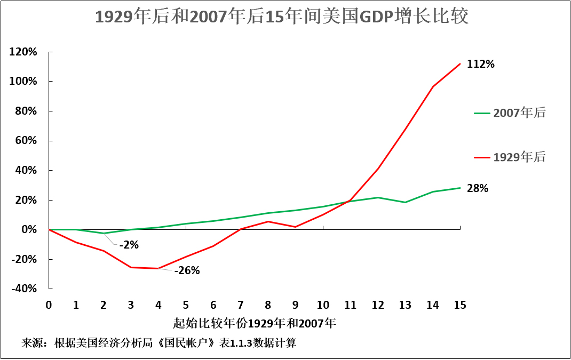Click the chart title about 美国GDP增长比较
[x=282, y=17]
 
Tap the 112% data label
[x=481, y=65]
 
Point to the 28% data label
[x=478, y=188]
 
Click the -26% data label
[x=187, y=270]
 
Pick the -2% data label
[x=129, y=245]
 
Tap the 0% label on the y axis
[x=30, y=229]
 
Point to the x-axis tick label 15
[x=460, y=305]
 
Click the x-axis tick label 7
[x=241, y=305]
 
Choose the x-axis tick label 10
[x=323, y=305]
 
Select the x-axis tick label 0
[x=49, y=305]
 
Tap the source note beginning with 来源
[x=158, y=343]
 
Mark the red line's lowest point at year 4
[x=158, y=268]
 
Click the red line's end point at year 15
[x=460, y=64]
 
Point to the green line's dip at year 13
[x=405, y=202]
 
